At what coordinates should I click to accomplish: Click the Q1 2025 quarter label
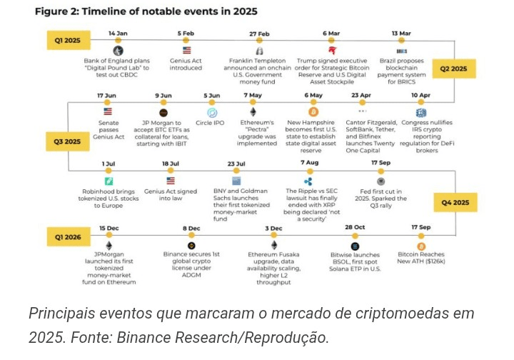click(68, 40)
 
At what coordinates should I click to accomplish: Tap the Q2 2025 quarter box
click(453, 69)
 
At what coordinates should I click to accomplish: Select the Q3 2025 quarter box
click(68, 141)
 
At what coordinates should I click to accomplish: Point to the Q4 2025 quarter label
click(453, 202)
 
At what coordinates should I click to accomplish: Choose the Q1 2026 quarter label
click(68, 236)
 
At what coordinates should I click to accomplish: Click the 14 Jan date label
click(117, 34)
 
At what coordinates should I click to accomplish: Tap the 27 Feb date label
click(259, 34)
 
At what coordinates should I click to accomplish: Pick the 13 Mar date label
click(401, 34)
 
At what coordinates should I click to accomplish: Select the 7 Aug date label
click(310, 163)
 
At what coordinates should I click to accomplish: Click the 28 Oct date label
click(355, 227)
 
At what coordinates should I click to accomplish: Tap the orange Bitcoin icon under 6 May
click(313, 112)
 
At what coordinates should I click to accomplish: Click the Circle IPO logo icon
click(212, 112)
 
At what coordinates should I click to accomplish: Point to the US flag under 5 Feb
click(187, 51)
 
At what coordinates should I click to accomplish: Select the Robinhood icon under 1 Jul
click(109, 181)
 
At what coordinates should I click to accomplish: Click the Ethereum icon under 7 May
click(253, 112)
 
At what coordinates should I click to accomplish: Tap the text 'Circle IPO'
click(212, 123)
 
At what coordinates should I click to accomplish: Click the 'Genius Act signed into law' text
click(171, 195)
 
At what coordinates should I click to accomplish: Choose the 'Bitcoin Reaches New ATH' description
click(420, 259)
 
